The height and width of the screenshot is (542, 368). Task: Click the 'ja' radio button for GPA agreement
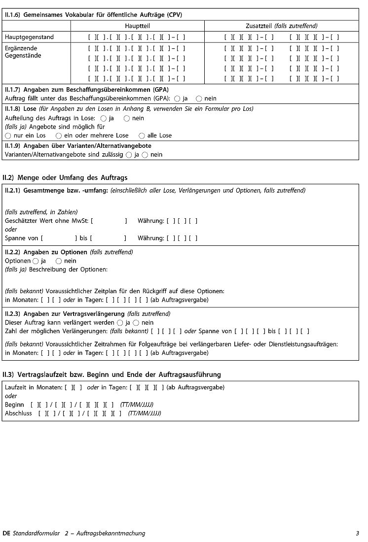tap(177, 99)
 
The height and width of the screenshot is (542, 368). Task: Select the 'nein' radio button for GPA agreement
tap(199, 99)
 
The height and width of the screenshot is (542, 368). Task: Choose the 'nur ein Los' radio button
tap(8, 135)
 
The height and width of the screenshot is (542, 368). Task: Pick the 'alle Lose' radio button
tap(142, 135)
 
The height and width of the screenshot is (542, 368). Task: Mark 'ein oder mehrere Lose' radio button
tap(59, 135)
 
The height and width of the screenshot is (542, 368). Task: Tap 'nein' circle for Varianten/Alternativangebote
tap(145, 155)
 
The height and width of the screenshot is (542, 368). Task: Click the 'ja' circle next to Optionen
tap(36, 261)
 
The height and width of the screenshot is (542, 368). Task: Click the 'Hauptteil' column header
tap(137, 26)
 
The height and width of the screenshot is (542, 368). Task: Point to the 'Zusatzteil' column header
tap(281, 26)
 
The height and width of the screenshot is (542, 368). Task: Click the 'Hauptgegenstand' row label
tap(29, 37)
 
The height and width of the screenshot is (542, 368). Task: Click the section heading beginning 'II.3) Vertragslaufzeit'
tap(111, 374)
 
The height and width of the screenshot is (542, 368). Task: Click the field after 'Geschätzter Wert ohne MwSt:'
tap(109, 221)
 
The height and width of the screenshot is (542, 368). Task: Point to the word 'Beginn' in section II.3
tap(14, 405)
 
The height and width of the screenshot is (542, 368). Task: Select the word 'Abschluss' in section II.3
tap(18, 413)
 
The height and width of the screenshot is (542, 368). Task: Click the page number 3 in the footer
tap(357, 533)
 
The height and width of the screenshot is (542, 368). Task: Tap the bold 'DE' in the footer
tap(6, 533)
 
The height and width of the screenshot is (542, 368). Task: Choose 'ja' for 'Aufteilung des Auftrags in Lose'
tap(104, 118)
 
